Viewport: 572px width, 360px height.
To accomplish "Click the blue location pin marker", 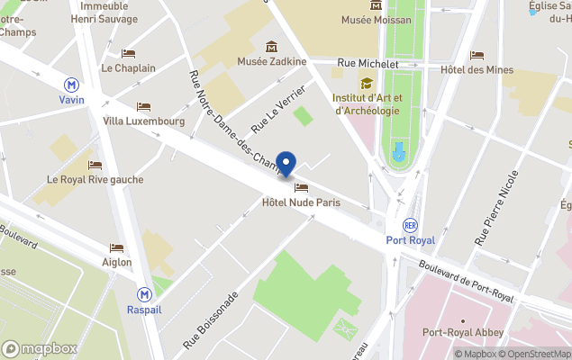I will (286, 165).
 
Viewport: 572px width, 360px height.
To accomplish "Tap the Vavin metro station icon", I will (71, 84).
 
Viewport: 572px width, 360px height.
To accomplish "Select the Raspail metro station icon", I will (144, 293).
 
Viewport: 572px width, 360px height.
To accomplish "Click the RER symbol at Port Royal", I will (411, 225).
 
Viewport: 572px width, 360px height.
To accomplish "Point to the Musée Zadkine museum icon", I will (271, 47).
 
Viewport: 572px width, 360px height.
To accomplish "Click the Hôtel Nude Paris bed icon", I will (301, 188).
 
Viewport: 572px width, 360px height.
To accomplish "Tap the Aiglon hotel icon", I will (116, 247).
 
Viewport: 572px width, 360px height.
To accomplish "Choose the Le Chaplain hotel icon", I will (128, 53).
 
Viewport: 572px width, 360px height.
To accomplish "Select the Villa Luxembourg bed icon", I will (144, 107).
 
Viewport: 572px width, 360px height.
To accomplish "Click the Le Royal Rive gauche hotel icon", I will (95, 165).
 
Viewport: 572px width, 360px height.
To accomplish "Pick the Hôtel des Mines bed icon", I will (477, 55).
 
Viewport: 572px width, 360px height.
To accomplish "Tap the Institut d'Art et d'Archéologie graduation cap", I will (367, 84).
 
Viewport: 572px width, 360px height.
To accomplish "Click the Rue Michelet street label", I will (368, 64).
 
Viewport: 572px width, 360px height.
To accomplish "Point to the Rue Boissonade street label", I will (210, 319).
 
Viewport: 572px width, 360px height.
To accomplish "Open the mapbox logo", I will (40, 348).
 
